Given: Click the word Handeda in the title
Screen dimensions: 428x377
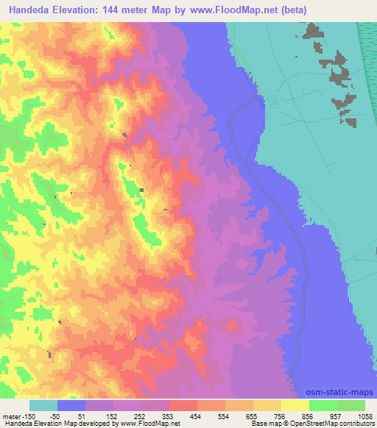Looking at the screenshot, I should click(x=33, y=9).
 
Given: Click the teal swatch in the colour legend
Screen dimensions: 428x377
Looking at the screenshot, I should click(x=43, y=405).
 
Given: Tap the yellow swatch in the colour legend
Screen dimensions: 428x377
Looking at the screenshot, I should click(x=295, y=405).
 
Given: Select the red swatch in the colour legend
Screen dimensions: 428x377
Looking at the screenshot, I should click(x=183, y=405).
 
